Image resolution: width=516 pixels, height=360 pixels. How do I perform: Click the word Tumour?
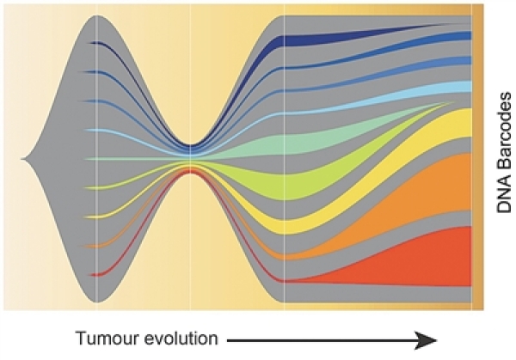pyautogui.click(x=104, y=338)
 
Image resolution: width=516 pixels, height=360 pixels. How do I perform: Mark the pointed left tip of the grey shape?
pyautogui.click(x=25, y=159)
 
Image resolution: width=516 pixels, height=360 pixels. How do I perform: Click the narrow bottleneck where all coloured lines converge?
pyautogui.click(x=190, y=159)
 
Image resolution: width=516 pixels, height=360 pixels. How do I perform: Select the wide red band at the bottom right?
pyautogui.click(x=430, y=258)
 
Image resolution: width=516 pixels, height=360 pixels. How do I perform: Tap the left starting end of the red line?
pyautogui.click(x=92, y=274)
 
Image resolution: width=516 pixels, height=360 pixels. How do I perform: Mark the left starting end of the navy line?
pyautogui.click(x=92, y=44)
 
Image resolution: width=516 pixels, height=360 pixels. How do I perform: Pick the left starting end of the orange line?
pyautogui.click(x=92, y=245)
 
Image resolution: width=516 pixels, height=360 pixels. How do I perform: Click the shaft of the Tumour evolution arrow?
pyautogui.click(x=327, y=341)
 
